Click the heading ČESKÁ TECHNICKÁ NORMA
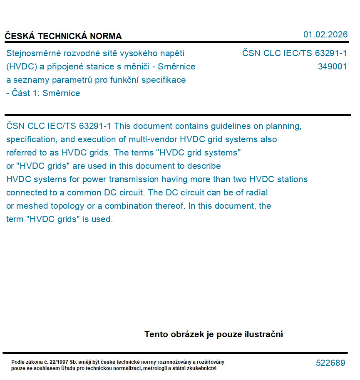tap(63, 36)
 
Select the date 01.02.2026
tap(325, 35)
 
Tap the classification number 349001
tap(332, 67)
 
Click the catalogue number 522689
tap(330, 363)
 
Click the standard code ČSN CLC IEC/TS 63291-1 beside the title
tap(294, 53)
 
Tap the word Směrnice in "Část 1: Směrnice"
tap(61, 93)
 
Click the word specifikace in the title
tap(164, 80)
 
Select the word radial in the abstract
tap(256, 192)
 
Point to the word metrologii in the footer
tap(158, 368)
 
